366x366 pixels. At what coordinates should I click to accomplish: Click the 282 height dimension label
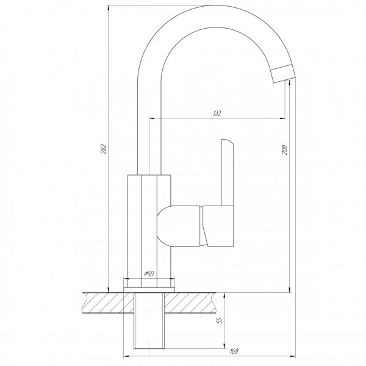(x=104, y=149)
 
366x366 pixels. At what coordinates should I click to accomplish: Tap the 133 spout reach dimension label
(x=217, y=113)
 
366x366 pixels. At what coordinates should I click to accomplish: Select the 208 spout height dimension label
(x=284, y=149)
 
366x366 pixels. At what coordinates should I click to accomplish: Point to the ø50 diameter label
(x=149, y=273)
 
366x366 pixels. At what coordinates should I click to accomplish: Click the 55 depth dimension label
(x=220, y=320)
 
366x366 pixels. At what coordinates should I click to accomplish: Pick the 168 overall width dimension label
(x=234, y=351)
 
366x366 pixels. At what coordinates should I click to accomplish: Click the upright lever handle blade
(x=227, y=173)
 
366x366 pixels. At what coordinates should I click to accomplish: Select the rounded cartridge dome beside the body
(x=178, y=226)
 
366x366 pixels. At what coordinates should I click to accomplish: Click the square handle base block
(x=218, y=226)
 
